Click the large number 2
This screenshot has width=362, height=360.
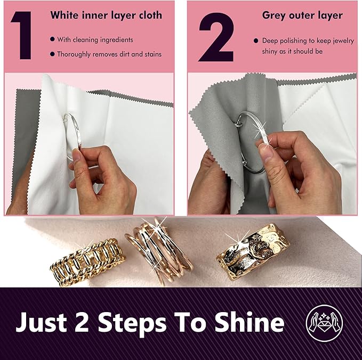click(216, 37)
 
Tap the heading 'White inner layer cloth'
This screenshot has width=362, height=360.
click(106, 15)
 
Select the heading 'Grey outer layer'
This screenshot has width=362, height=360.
click(302, 15)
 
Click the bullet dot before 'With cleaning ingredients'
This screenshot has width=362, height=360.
click(52, 39)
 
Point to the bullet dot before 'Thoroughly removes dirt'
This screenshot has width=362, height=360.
click(52, 54)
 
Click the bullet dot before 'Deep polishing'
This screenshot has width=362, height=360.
click(256, 41)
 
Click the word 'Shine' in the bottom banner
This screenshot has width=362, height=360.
click(250, 322)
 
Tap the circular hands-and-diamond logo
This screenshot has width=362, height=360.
click(324, 323)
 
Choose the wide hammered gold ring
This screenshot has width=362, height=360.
click(253, 251)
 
